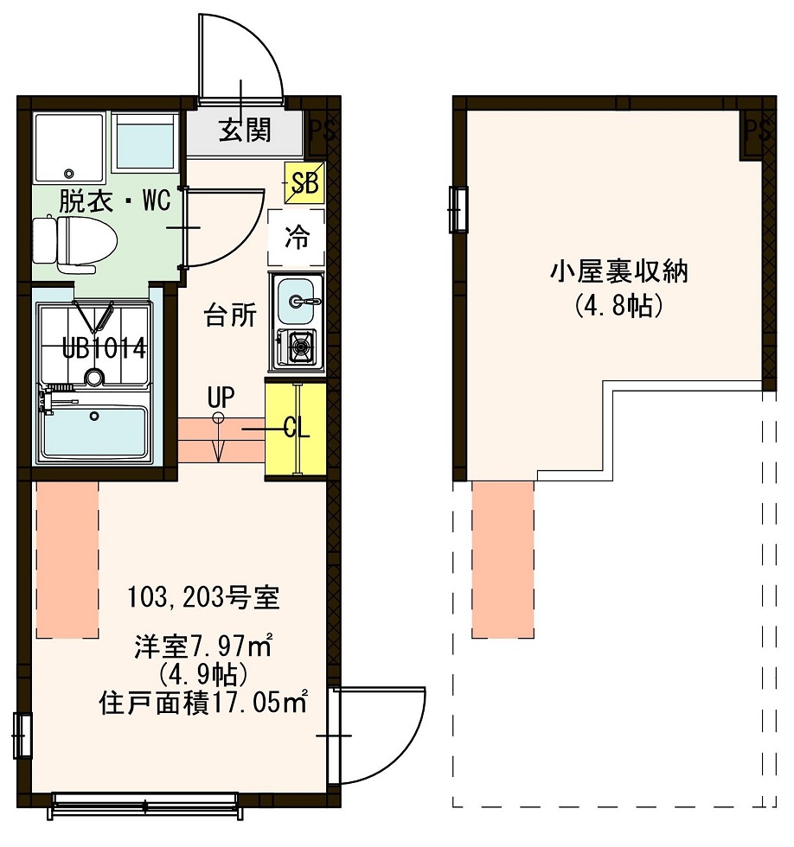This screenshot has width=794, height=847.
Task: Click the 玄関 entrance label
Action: coord(245,131)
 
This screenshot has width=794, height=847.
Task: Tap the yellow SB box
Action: coord(304,182)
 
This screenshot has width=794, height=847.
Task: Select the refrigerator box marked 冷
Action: coord(297,237)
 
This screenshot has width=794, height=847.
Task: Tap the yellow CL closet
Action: coord(296,429)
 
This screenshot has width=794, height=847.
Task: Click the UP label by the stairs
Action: coord(221,398)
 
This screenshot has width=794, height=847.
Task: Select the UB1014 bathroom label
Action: coord(102,348)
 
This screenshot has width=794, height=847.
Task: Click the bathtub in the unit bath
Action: coord(95,431)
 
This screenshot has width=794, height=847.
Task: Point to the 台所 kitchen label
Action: coord(230,316)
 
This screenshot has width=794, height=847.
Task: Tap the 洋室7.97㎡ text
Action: coord(204,646)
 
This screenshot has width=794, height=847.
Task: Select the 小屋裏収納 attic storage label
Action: coord(618,274)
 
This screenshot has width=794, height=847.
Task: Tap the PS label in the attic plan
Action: coord(757,131)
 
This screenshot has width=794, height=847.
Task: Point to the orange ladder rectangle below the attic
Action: coord(503,559)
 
